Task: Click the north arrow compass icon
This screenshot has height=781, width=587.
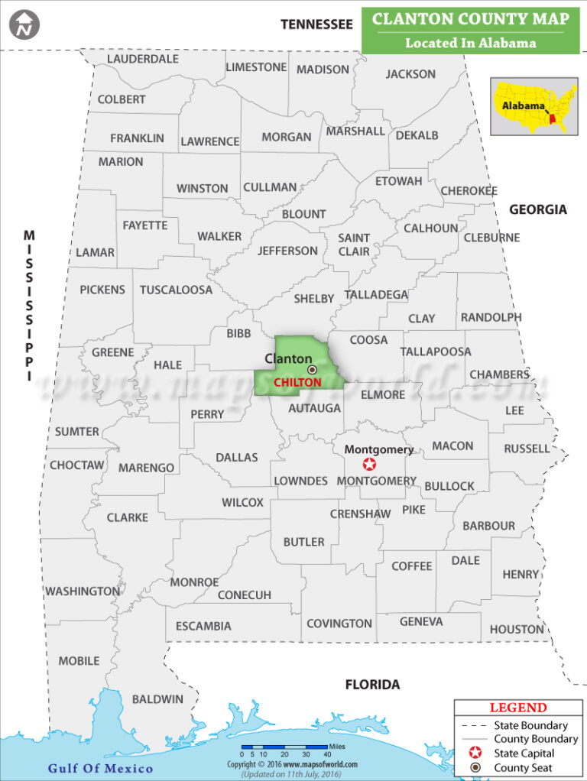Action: [x=24, y=24]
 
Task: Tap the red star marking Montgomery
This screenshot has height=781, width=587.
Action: [x=370, y=464]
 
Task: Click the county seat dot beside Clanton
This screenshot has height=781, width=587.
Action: [x=311, y=369]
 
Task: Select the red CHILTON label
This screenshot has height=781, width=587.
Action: [x=297, y=382]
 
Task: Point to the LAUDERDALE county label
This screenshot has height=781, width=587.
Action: [x=143, y=59]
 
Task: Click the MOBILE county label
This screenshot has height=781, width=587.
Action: [x=79, y=660]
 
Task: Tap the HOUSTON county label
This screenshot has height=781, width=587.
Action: [x=517, y=629]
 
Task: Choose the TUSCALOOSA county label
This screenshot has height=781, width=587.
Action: [x=176, y=290]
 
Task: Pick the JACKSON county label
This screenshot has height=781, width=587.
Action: [x=410, y=74]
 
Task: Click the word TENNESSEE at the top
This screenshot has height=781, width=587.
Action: [x=316, y=24]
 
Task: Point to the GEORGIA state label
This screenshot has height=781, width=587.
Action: [x=538, y=209]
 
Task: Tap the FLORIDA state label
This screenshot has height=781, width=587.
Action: [x=372, y=684]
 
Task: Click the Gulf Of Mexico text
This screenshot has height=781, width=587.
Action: [x=100, y=768]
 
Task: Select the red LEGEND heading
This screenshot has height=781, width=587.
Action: [x=518, y=708]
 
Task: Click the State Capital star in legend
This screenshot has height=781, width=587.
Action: [x=475, y=753]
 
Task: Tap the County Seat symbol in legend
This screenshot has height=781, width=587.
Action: [x=475, y=767]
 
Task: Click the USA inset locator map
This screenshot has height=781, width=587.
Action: [x=533, y=106]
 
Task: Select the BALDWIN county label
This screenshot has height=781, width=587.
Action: [x=157, y=698]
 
